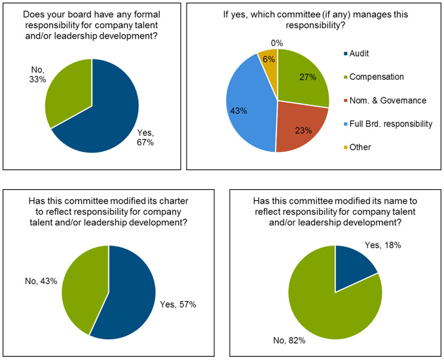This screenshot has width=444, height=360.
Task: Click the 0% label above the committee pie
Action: (x=277, y=43)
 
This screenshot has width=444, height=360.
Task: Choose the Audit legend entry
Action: (x=360, y=53)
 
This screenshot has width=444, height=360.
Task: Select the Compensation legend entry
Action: (x=376, y=77)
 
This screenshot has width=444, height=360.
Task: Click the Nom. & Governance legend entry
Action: (x=386, y=100)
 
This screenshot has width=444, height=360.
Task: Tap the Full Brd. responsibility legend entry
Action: (x=390, y=124)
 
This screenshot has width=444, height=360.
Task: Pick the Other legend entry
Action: (x=360, y=147)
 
